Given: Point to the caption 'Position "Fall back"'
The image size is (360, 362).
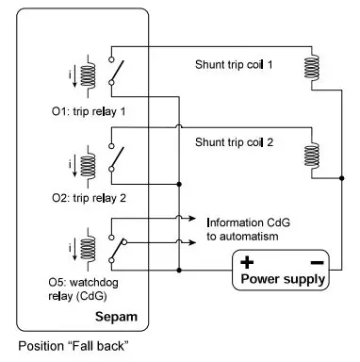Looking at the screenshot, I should tap(73, 345).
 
